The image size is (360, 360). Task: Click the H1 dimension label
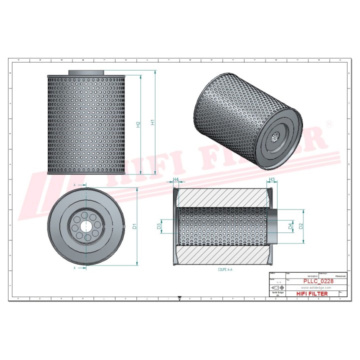tap(153, 122)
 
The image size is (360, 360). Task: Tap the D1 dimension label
tap(134, 226)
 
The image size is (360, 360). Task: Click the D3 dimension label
tap(159, 226)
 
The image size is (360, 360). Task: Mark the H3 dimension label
tap(272, 179)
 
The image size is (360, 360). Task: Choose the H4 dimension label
tap(176, 179)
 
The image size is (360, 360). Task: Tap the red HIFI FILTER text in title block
tap(312, 293)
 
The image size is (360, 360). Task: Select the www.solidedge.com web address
tap(312, 288)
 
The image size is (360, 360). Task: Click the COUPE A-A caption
tap(225, 269)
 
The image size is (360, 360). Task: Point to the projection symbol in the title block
tap(276, 288)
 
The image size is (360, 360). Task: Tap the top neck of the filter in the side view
tap(86, 73)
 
